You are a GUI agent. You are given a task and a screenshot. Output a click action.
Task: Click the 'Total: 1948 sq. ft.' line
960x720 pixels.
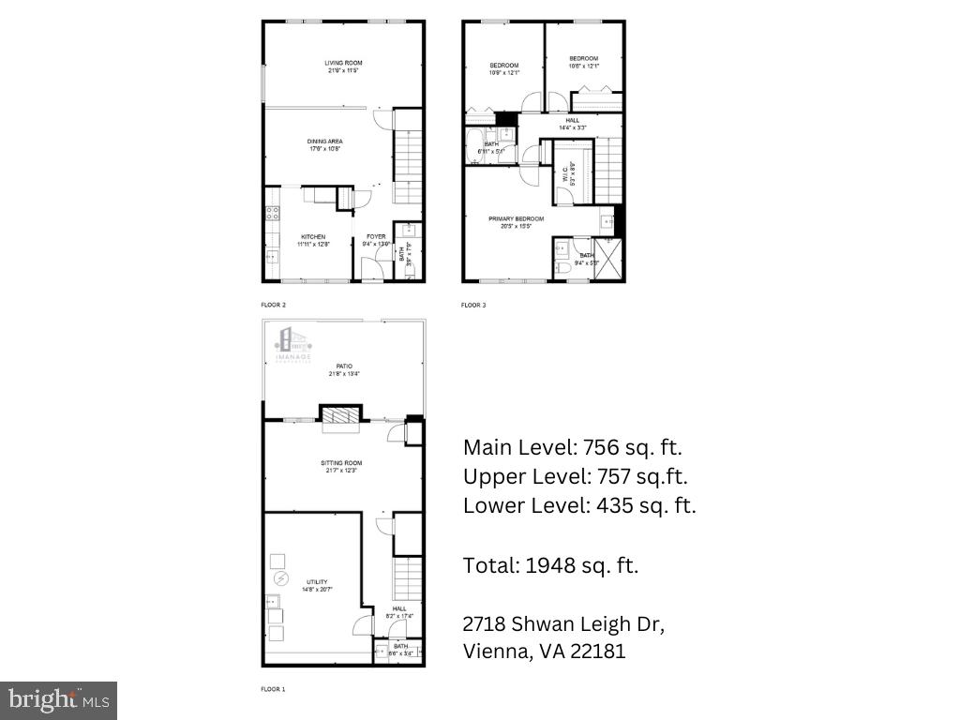(550, 565)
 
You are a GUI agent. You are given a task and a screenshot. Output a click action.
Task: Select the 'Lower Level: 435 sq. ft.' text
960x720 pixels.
(579, 506)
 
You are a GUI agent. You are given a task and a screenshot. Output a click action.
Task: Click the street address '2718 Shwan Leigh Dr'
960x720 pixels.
(563, 624)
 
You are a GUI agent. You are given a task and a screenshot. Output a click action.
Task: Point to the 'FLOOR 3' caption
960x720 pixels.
(473, 305)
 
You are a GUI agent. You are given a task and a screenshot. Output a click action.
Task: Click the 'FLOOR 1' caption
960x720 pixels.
(272, 689)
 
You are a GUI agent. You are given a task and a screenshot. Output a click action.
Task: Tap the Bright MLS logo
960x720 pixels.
(58, 699)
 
